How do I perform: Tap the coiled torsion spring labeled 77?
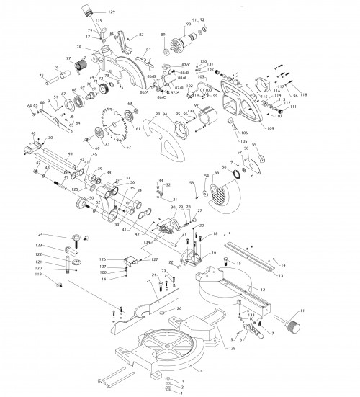pos(73,71)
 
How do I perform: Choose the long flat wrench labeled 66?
pos(59,122)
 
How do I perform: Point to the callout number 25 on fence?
pos(147,282)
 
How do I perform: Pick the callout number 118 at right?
pos(304,95)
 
